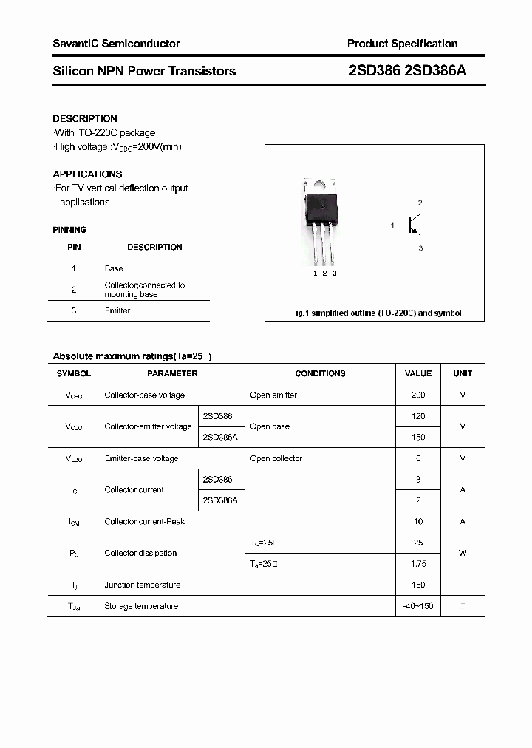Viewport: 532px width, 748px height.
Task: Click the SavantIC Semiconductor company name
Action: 116,44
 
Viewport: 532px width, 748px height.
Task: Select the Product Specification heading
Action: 402,44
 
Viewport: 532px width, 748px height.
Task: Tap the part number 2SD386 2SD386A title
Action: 406,71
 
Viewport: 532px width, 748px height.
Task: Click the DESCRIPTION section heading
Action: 85,118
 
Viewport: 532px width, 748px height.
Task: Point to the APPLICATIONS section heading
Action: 87,174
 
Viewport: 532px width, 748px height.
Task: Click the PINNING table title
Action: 69,230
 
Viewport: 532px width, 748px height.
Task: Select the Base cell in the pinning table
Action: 114,268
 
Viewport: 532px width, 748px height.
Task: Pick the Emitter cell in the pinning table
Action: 117,310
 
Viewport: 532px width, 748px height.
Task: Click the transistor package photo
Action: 321,222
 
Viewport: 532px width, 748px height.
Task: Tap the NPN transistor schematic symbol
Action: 411,225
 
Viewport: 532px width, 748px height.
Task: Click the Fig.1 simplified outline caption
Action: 376,313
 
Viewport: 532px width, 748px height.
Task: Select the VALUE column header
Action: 418,373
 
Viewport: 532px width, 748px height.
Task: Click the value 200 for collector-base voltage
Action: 418,395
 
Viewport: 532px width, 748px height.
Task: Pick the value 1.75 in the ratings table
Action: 418,564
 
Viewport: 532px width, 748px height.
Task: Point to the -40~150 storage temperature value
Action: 418,606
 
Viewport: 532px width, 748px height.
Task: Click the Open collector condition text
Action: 276,458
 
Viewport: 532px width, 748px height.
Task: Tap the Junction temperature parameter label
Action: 143,585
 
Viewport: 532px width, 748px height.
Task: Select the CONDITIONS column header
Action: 320,373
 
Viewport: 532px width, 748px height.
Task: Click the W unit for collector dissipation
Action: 463,553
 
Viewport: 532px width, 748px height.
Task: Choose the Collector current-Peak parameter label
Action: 145,521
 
